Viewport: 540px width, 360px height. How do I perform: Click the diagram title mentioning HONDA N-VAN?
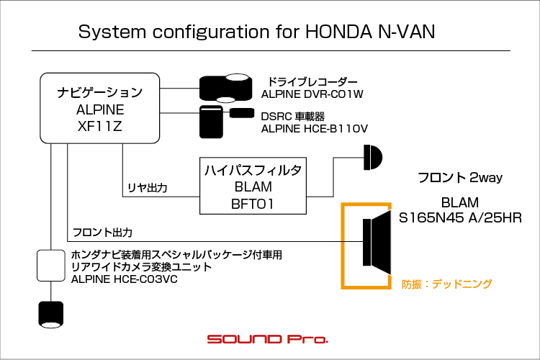(x=256, y=32)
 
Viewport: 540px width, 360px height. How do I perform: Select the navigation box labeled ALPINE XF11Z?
(x=100, y=109)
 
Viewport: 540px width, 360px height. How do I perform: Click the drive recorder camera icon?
(x=223, y=88)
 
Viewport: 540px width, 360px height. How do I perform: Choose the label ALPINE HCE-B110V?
(x=315, y=128)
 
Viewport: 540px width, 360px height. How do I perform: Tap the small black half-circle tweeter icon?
(x=373, y=156)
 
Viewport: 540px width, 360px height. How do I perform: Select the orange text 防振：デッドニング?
(x=447, y=284)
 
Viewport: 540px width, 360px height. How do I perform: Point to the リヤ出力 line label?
(x=148, y=189)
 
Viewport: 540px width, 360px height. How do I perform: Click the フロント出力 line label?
(x=102, y=233)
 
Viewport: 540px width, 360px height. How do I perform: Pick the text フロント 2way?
(x=459, y=177)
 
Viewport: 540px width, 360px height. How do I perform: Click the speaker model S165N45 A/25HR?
(x=460, y=217)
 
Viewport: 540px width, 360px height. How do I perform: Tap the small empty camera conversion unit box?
(x=51, y=265)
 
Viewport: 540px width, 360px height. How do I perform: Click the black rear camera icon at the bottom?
(x=51, y=314)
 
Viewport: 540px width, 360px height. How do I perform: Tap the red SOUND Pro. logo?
(x=267, y=338)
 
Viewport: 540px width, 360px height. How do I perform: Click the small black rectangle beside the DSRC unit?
(x=241, y=113)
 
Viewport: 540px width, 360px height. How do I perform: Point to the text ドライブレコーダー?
(x=312, y=81)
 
